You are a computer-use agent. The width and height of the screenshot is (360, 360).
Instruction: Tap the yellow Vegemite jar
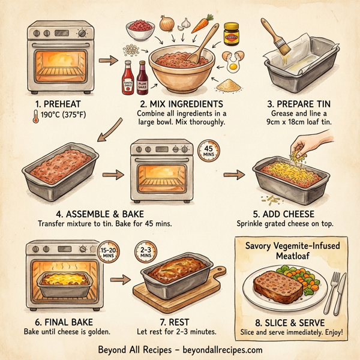point(232,34)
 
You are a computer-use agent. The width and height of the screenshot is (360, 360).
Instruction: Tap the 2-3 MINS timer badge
point(145,252)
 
